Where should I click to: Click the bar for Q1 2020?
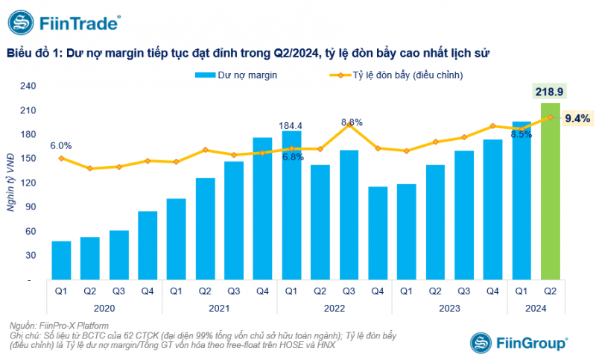pyautogui.click(x=61, y=260)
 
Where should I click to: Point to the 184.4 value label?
pyautogui.click(x=291, y=124)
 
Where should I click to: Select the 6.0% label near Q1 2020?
pyautogui.click(x=61, y=145)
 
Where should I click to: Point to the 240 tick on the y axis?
pyautogui.click(x=31, y=86)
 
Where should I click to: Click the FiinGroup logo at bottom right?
pyautogui.click(x=519, y=341)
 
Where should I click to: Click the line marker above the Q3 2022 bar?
pyautogui.click(x=349, y=124)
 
